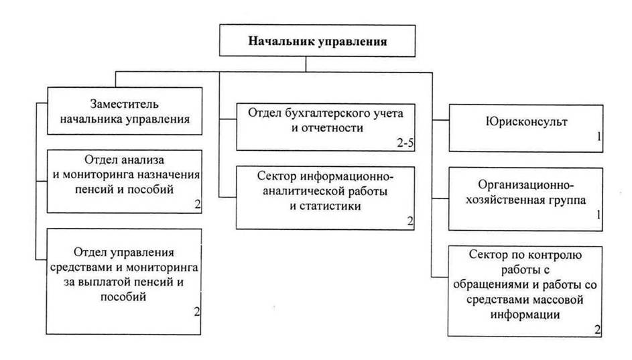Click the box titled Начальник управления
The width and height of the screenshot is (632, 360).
click(x=317, y=41)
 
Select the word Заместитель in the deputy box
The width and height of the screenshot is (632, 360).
click(x=124, y=104)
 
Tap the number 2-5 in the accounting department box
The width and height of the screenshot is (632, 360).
click(x=405, y=143)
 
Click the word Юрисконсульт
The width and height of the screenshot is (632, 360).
click(x=526, y=121)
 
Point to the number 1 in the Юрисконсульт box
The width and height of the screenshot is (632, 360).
click(x=599, y=137)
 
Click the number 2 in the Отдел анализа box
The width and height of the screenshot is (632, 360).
click(x=198, y=204)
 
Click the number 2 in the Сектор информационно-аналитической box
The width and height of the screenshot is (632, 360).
click(x=410, y=221)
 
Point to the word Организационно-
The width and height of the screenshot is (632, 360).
click(x=526, y=185)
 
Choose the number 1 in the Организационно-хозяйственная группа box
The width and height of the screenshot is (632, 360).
click(x=598, y=215)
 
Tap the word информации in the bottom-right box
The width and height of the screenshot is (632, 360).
click(x=525, y=314)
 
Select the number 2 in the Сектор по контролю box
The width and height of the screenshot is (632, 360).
click(x=597, y=330)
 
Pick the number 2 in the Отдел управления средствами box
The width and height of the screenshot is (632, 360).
click(x=196, y=312)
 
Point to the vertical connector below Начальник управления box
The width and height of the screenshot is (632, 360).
click(x=306, y=64)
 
